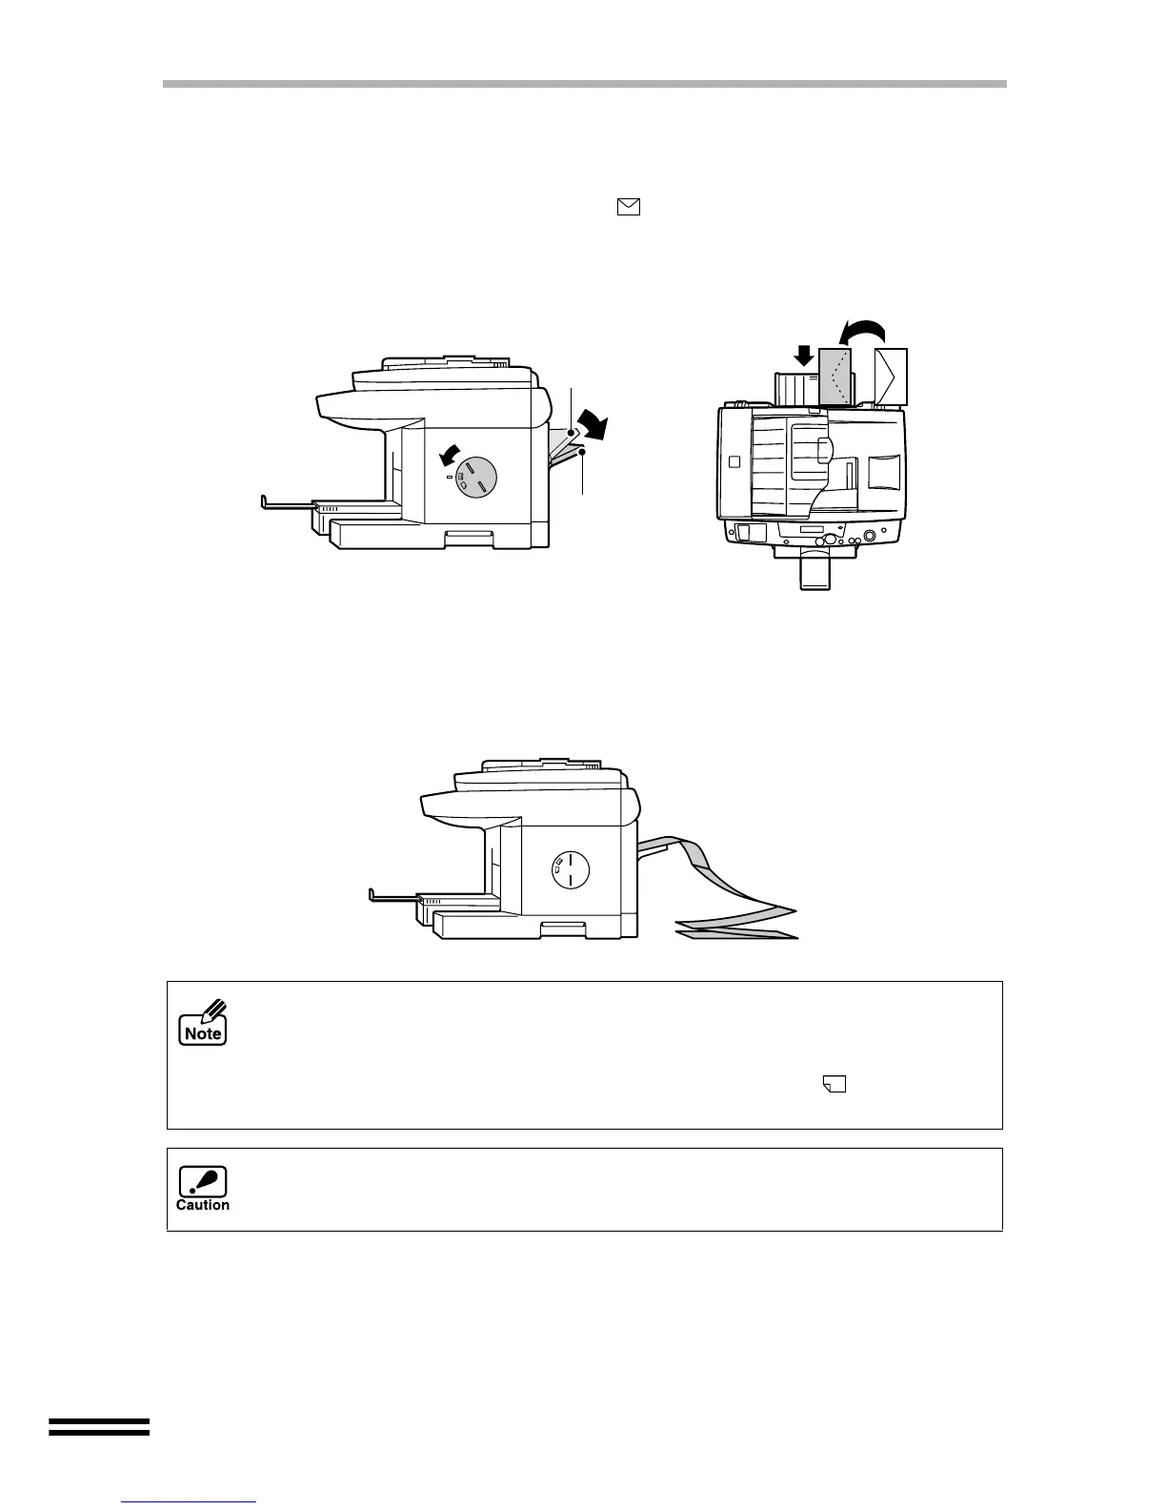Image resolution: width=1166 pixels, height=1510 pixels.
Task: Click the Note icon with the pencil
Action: [203, 1023]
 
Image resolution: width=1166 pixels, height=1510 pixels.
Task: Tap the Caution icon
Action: [203, 1189]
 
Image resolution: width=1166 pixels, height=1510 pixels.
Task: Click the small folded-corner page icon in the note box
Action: [835, 1083]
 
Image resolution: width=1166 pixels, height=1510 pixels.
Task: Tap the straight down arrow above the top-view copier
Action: [805, 356]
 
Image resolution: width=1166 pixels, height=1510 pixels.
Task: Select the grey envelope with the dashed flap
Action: [834, 377]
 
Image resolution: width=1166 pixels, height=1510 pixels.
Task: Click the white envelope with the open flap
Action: [890, 377]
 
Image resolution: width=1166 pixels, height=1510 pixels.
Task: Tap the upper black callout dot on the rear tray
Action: [572, 433]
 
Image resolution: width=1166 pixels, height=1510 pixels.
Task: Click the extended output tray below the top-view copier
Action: [815, 571]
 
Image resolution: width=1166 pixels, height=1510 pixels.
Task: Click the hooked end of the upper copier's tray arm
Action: [265, 499]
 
